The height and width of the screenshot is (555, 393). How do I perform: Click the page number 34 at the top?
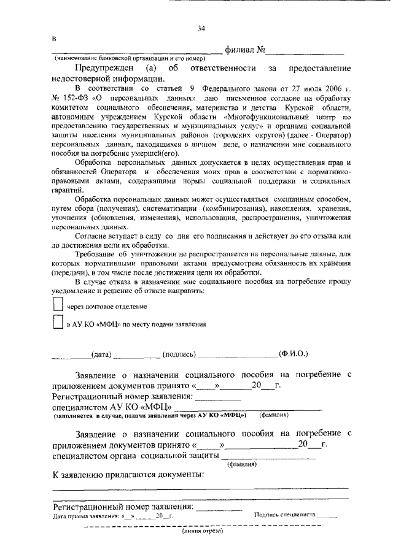(x=201, y=28)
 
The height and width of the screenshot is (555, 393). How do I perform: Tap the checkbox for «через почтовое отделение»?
(x=58, y=304)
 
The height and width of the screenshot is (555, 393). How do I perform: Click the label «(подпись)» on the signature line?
(x=179, y=354)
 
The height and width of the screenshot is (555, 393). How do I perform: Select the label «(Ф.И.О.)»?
(x=293, y=354)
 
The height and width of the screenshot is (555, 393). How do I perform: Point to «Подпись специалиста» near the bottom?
(x=285, y=516)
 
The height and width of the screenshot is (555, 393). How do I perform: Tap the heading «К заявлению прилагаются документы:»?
(x=128, y=475)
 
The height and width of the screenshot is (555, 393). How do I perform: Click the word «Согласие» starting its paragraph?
(x=91, y=234)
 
